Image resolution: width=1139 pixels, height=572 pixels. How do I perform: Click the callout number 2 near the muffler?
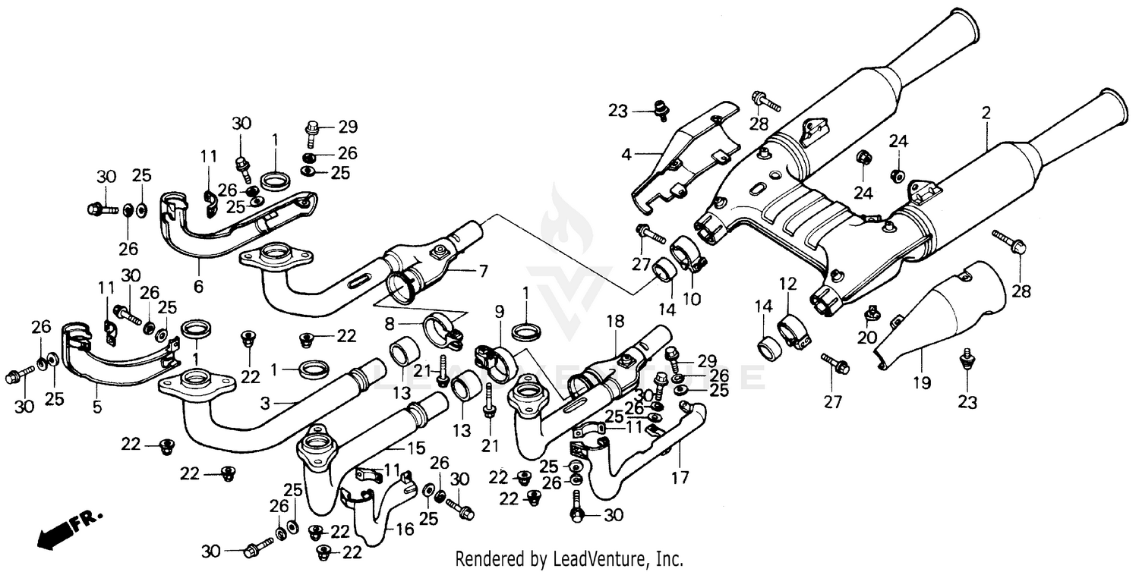tap(986, 114)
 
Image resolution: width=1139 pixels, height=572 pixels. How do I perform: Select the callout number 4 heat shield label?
tap(626, 155)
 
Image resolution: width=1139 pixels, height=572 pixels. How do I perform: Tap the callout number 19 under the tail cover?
tap(921, 383)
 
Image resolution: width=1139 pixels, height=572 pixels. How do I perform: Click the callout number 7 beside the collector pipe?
tap(483, 270)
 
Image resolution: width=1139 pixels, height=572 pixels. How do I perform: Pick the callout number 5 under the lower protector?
tap(97, 407)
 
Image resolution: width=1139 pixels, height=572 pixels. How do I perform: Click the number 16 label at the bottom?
tap(406, 529)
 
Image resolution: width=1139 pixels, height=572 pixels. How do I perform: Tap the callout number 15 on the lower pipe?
tap(417, 448)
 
